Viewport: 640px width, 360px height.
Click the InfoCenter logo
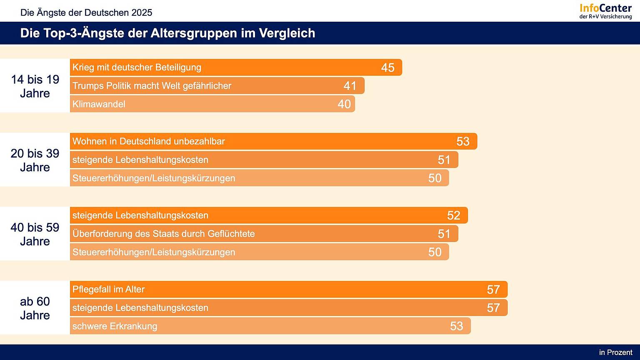coord(605,11)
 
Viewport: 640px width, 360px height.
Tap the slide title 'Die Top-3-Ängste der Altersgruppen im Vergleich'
coord(167,33)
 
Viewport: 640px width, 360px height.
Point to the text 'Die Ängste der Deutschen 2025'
coord(86,12)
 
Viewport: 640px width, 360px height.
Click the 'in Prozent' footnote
coord(615,352)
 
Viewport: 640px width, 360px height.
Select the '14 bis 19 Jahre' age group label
coord(35,86)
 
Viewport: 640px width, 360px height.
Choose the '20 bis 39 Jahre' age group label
coord(35,160)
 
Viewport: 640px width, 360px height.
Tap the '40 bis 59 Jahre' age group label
coord(35,234)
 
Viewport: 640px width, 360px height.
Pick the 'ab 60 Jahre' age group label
coord(35,308)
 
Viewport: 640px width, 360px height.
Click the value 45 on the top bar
coord(387,67)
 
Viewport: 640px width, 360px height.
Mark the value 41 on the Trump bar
coord(350,86)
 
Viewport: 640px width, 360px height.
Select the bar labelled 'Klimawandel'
coord(212,104)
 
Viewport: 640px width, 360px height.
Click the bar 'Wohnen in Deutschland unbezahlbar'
coord(273,142)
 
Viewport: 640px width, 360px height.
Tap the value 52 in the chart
coord(453,215)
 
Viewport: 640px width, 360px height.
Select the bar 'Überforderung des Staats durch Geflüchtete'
coord(264,234)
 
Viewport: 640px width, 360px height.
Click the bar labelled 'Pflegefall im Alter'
coord(288,290)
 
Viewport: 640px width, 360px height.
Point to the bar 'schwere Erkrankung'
coord(270,326)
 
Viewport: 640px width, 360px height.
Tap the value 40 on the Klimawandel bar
coord(344,104)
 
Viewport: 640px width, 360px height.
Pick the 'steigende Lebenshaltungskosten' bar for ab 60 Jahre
coord(288,308)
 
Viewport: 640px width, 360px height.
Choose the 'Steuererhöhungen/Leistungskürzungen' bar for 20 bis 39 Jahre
coord(259,178)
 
